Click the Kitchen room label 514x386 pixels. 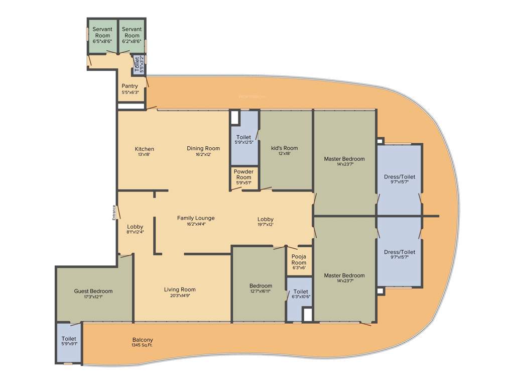[144, 149]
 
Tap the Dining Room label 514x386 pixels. [203, 149]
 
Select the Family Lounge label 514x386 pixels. [196, 218]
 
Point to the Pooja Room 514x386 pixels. [299, 261]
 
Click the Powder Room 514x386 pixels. [243, 177]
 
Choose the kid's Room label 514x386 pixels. [284, 148]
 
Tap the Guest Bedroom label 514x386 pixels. [93, 292]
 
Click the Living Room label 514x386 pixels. [180, 289]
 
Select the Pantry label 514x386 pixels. [130, 86]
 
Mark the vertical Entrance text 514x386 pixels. [114, 213]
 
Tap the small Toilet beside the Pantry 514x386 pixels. [136, 66]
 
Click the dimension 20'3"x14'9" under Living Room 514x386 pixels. [180, 295]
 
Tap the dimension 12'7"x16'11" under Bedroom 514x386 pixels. [260, 291]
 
